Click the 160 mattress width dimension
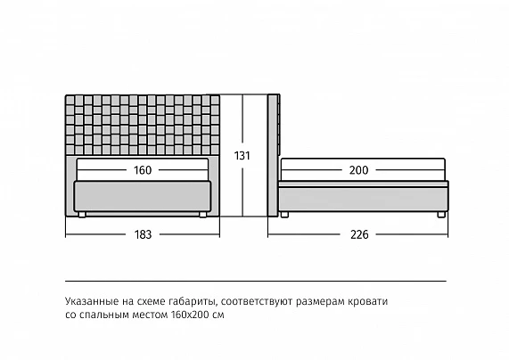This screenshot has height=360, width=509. (143, 170)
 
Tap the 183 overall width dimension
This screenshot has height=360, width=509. (143, 234)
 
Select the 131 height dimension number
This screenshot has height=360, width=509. (242, 156)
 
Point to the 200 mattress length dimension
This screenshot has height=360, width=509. (358, 170)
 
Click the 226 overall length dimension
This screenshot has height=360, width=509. (359, 234)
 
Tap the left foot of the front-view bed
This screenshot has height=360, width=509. (82, 214)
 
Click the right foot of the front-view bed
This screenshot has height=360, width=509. (203, 214)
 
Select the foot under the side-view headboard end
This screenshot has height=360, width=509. (284, 214)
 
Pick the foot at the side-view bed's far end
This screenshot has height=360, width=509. (441, 214)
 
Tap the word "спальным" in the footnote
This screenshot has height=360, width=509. (102, 315)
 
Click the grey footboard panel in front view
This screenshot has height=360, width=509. (143, 196)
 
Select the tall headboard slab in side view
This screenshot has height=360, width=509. (273, 155)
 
